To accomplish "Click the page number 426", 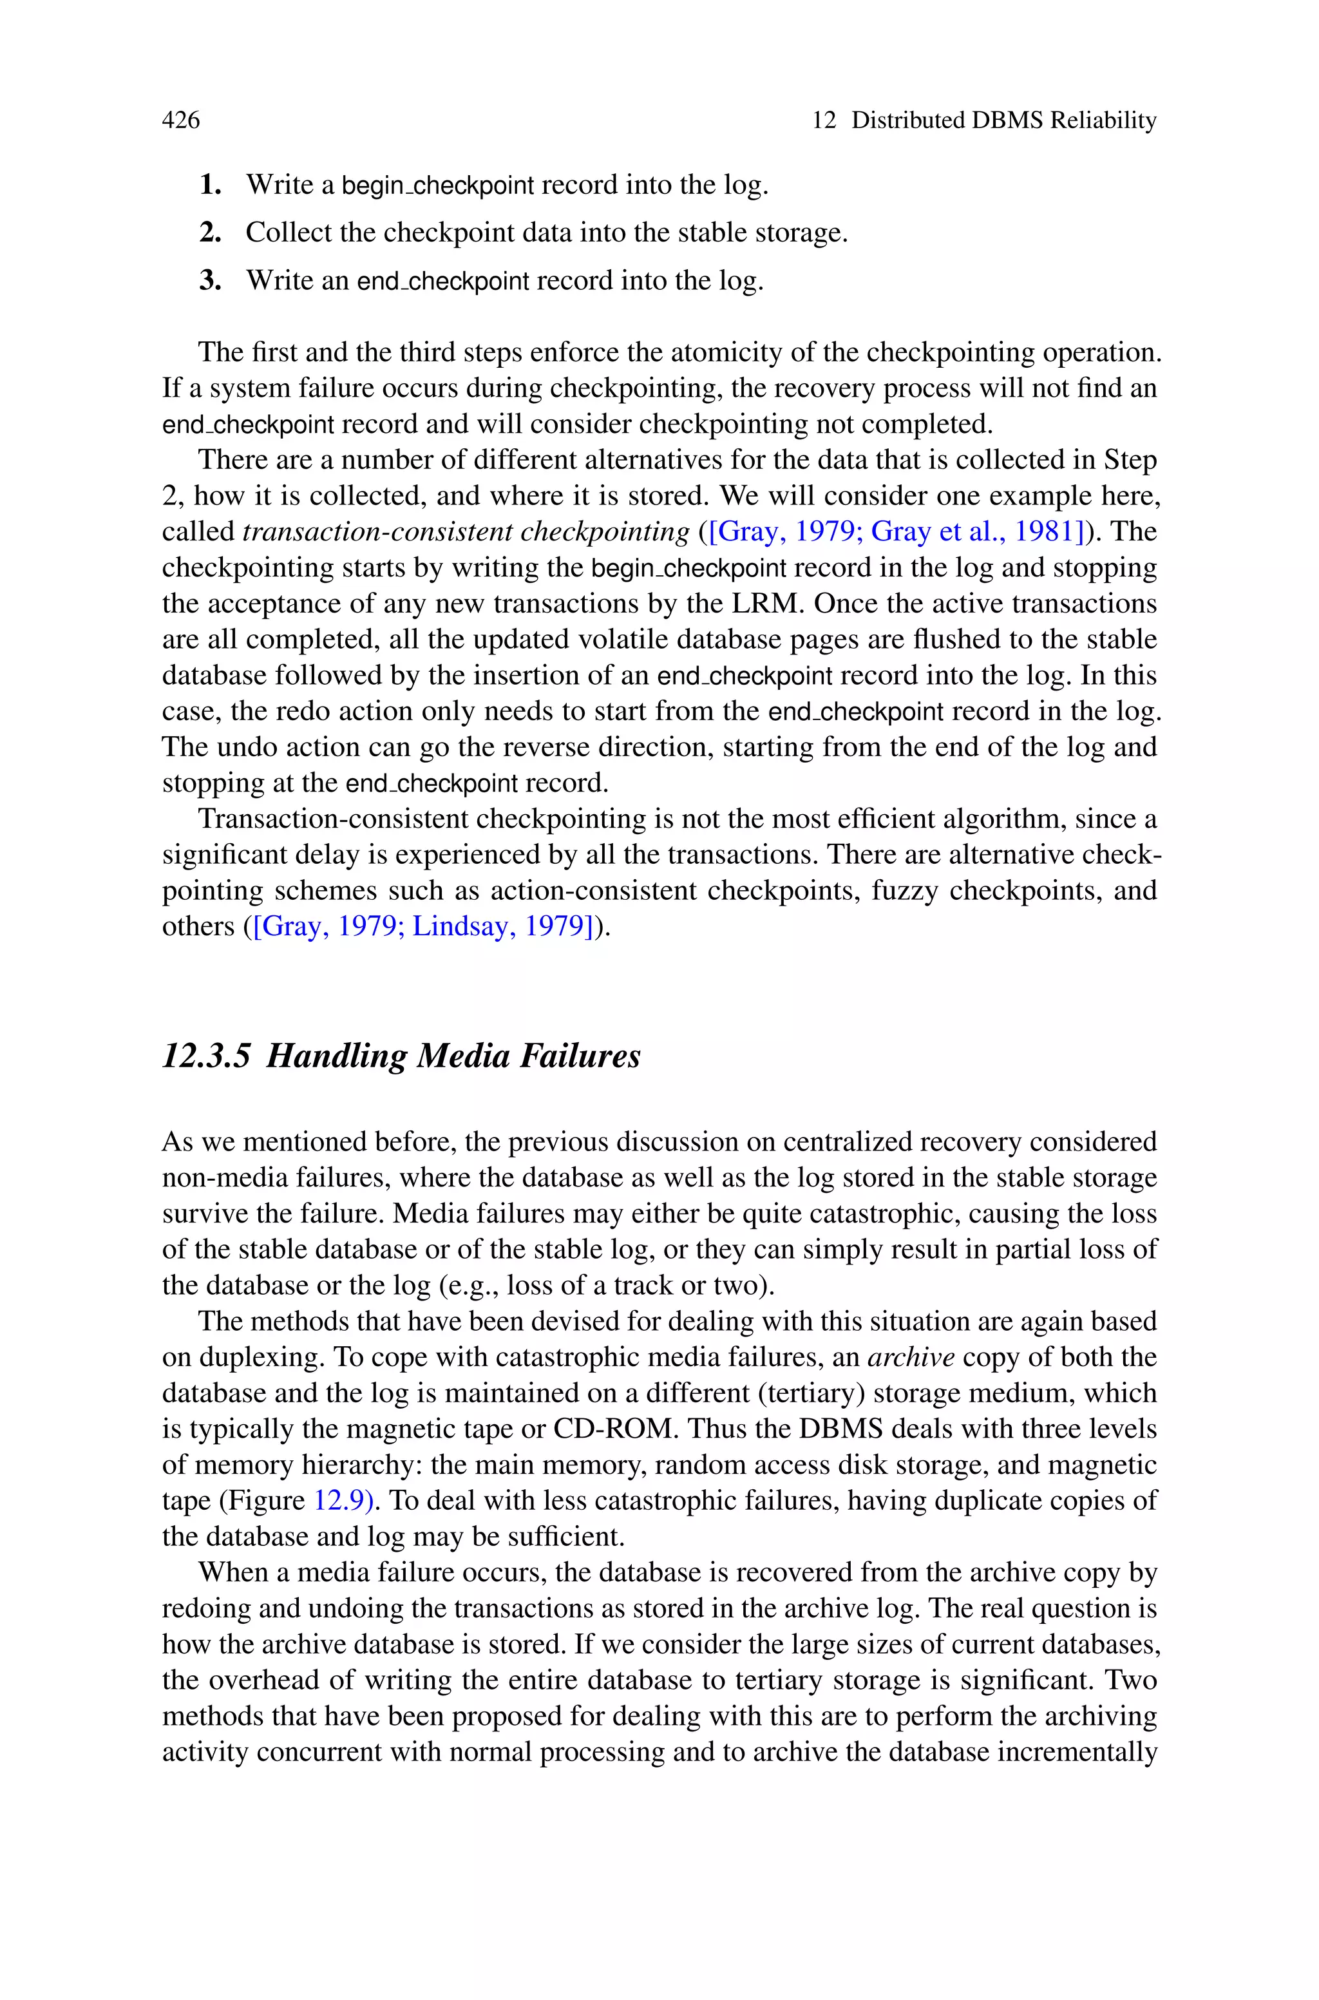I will pyautogui.click(x=181, y=120).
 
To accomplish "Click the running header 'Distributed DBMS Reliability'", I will pyautogui.click(x=1003, y=120).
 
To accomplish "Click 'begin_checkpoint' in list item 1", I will pyautogui.click(x=437, y=185).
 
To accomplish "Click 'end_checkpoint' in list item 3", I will pyautogui.click(x=443, y=281).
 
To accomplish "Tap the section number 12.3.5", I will pyautogui.click(x=206, y=1056).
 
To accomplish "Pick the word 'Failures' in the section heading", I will pyautogui.click(x=580, y=1056).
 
